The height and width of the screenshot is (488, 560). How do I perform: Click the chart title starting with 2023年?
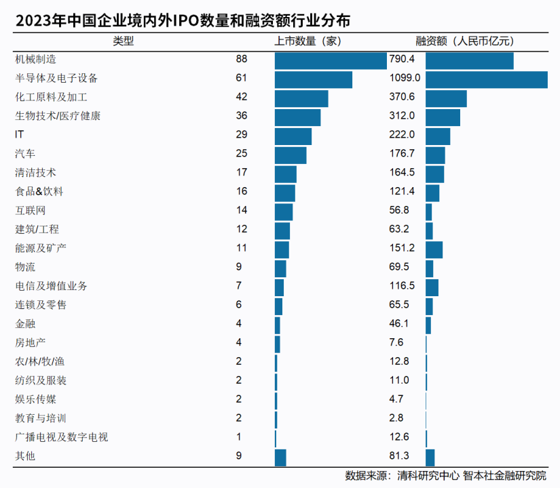point(183,21)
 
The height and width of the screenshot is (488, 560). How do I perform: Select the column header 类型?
point(124,41)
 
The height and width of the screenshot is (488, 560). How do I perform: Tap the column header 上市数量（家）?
point(307,41)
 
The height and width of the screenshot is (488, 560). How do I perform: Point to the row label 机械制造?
point(35,60)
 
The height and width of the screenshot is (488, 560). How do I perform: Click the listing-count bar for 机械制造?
point(331,60)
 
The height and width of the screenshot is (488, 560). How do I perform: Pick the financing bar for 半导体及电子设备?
point(486,79)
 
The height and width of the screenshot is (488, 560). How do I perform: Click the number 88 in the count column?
point(242,59)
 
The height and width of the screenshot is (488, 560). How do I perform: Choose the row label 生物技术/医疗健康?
point(58,117)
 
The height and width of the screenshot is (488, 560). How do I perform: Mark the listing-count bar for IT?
point(293,136)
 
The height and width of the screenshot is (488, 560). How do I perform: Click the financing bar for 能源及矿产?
point(434,249)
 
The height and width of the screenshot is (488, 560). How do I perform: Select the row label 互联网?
point(31,211)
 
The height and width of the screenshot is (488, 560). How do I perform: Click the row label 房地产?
point(31,343)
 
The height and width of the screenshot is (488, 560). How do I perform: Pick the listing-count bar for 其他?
point(280,457)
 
